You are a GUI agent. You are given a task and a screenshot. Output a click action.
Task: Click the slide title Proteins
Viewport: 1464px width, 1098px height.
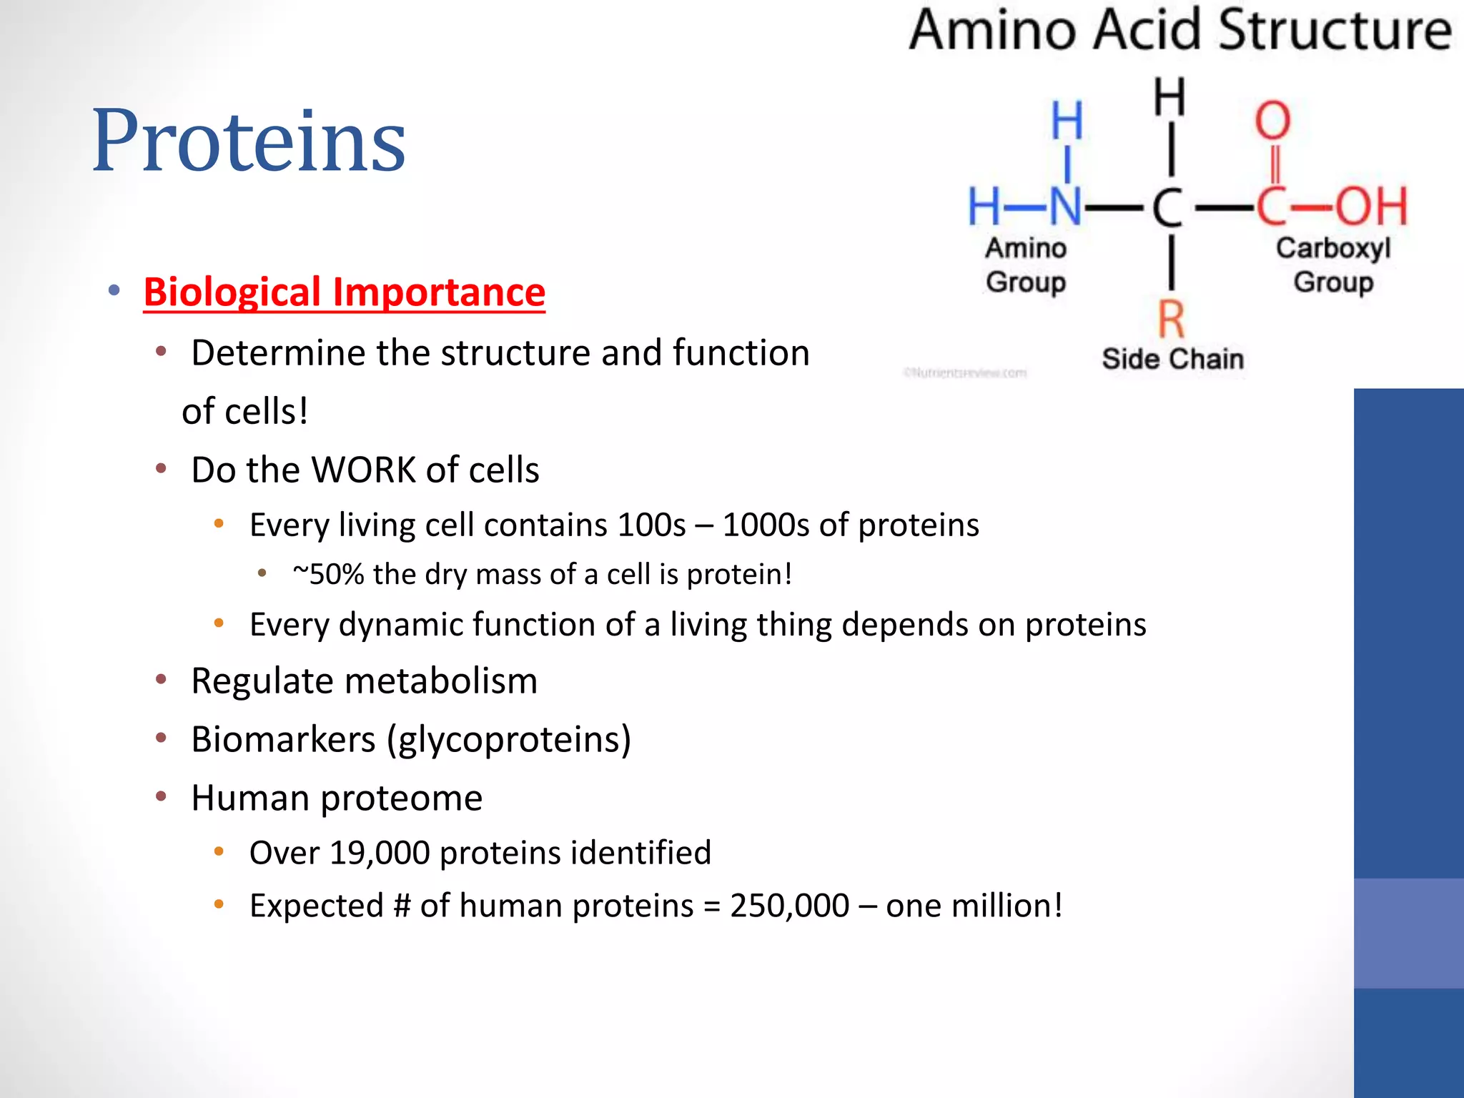coord(249,140)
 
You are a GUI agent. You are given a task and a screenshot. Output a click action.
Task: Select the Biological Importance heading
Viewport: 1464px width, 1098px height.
coord(344,292)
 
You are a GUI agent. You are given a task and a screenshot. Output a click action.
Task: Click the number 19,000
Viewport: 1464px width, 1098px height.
coord(379,853)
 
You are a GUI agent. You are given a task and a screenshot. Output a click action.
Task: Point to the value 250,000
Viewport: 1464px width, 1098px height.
coord(789,906)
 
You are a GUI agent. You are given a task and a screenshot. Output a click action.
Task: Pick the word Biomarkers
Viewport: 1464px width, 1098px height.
coord(283,739)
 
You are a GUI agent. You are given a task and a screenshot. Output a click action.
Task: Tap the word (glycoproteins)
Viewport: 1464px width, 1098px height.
coord(509,739)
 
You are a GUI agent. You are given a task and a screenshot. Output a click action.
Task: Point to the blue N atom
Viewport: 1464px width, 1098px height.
coord(1065,207)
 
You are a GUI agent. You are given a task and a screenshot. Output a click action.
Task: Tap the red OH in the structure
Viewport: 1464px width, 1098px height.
coord(1371,207)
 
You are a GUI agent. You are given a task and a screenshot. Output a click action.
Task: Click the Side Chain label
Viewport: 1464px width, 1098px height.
coord(1172,359)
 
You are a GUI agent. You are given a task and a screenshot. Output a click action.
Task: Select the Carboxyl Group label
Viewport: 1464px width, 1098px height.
coord(1333,265)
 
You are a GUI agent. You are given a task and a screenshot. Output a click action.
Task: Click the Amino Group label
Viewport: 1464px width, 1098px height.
coord(1026,265)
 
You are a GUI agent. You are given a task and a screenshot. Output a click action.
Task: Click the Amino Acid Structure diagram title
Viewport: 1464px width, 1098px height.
coord(1180,30)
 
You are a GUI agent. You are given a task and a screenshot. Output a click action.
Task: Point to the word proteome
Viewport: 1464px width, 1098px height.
coord(401,798)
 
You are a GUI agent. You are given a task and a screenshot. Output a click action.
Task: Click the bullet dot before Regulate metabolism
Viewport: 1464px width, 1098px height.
coord(161,679)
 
